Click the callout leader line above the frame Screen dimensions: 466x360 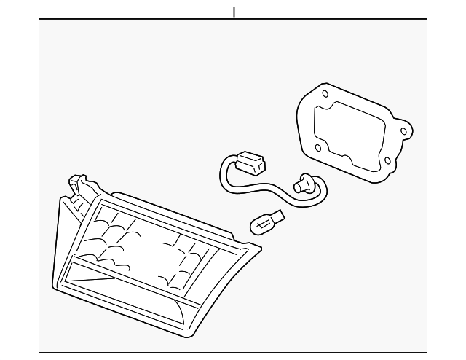click(234, 12)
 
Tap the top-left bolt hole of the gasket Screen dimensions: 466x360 click(324, 93)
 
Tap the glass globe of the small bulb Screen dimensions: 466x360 click(260, 224)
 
